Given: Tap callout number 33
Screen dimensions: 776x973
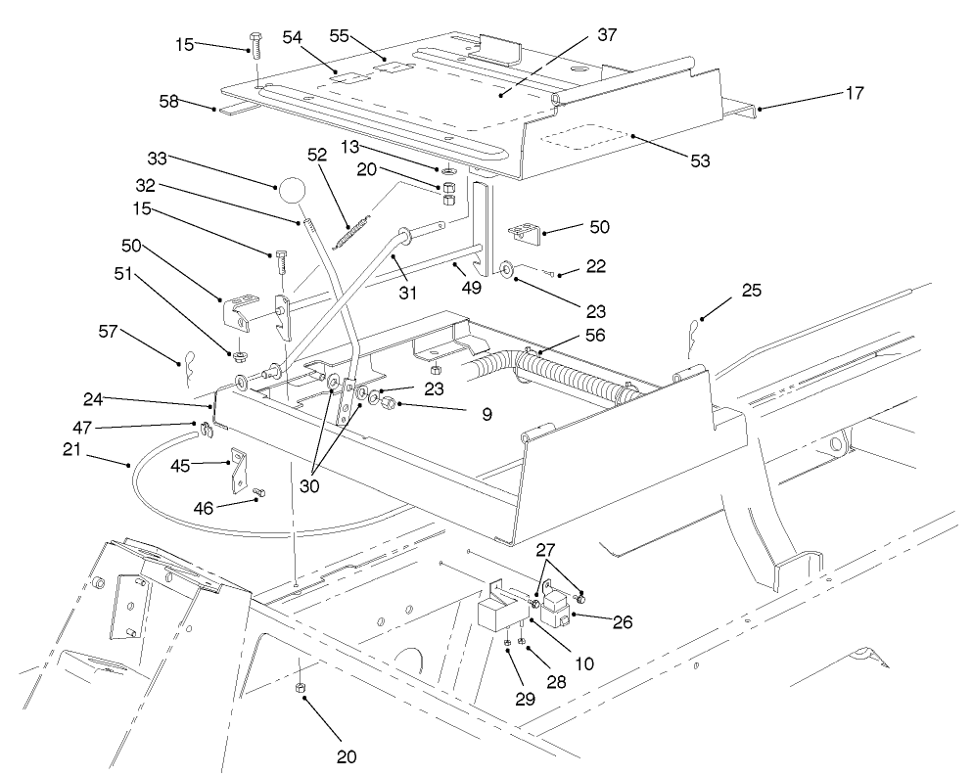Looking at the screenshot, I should click(x=159, y=157).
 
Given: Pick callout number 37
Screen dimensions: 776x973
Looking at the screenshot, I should click(x=608, y=35).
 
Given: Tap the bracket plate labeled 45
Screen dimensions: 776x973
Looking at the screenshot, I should click(x=237, y=469).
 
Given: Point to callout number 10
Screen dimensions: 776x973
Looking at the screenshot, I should click(x=583, y=664).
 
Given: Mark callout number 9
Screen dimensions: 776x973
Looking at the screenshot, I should click(x=460, y=414).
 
